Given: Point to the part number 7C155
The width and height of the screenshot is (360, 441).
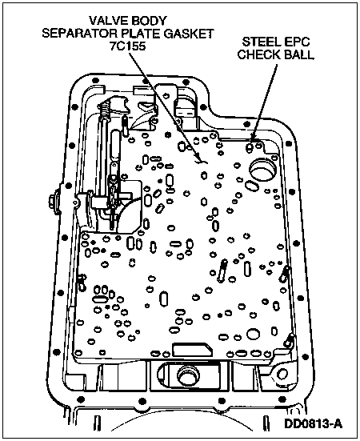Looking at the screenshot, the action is tap(128, 46).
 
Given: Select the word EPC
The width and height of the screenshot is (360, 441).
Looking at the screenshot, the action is tap(298, 42).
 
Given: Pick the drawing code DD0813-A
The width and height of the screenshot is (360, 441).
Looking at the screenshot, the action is tap(313, 424).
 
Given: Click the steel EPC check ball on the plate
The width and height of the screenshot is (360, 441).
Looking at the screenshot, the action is tap(250, 147).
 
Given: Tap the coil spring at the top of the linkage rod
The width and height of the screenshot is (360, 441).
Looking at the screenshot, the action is tap(105, 109).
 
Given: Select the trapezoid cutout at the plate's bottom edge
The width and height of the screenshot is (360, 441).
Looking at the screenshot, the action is tap(192, 350).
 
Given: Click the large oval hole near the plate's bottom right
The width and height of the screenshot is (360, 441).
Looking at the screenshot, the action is tap(254, 334).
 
